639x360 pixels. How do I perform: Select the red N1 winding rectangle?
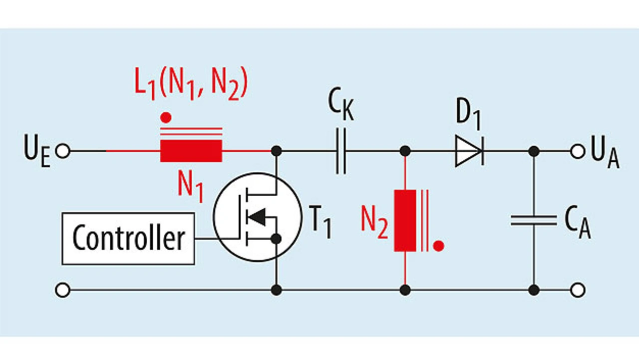point(191,151)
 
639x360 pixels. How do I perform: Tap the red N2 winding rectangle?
point(405,221)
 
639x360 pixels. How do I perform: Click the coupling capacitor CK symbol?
point(341,151)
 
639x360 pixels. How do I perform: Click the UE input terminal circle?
point(63,151)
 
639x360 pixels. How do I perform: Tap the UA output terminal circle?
point(578,151)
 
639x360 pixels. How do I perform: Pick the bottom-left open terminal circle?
point(63,290)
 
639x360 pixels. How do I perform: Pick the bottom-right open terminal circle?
point(578,290)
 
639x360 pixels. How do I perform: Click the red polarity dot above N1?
point(166,117)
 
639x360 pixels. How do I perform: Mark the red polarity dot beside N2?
point(438,246)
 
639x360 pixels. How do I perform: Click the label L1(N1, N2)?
point(191,83)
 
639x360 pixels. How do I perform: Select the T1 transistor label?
point(320,222)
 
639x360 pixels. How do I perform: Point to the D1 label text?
point(468,114)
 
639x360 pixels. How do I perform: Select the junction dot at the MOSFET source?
point(276,239)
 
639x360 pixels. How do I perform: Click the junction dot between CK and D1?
point(405,151)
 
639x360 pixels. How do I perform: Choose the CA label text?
point(578,222)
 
